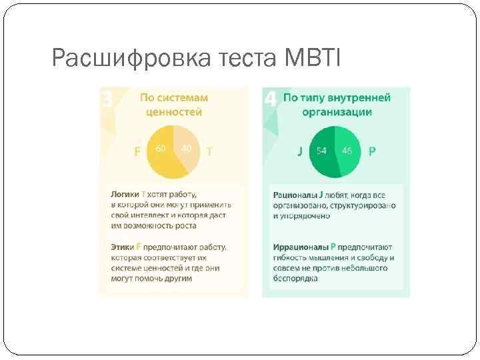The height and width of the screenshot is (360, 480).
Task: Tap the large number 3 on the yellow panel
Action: pyautogui.click(x=107, y=100)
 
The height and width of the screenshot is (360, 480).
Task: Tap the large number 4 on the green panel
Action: pyautogui.click(x=270, y=100)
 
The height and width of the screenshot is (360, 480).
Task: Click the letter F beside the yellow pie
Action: pyautogui.click(x=137, y=151)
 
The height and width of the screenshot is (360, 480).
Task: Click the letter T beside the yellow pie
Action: pyautogui.click(x=209, y=151)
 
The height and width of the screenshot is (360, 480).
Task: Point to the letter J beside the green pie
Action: pyautogui.click(x=300, y=151)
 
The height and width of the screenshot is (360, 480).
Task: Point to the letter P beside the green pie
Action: pyautogui.click(x=372, y=151)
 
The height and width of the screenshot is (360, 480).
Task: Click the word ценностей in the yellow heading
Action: pyautogui.click(x=174, y=112)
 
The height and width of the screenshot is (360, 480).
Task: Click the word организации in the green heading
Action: pyautogui.click(x=337, y=112)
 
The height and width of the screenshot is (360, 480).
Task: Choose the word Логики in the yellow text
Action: pyautogui.click(x=125, y=194)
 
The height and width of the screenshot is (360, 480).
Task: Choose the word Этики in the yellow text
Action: pyautogui.click(x=123, y=247)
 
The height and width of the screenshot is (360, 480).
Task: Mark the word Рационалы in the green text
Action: pyautogui.click(x=295, y=195)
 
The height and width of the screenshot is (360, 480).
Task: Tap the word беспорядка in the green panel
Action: pyautogui.click(x=295, y=279)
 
